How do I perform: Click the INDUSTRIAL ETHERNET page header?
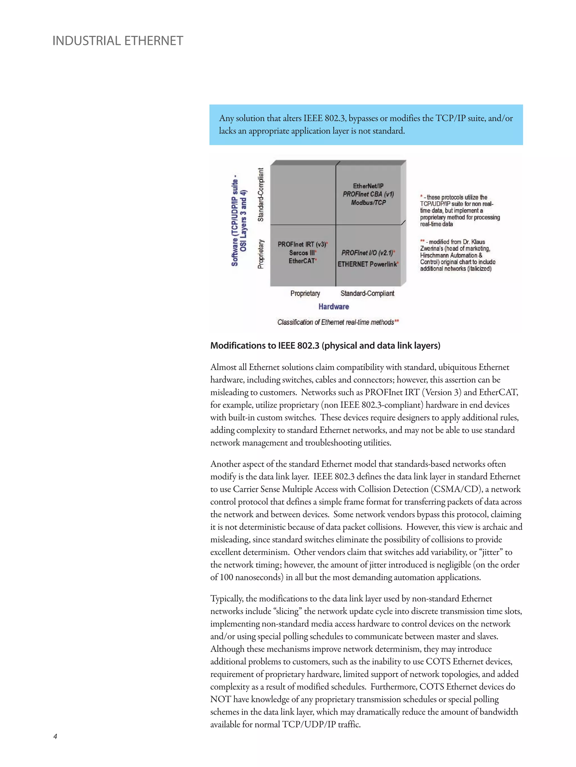point(117,41)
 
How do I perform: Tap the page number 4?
point(55,736)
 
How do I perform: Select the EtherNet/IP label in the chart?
point(368,186)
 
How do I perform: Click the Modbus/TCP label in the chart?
point(368,202)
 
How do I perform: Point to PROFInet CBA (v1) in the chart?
point(368,194)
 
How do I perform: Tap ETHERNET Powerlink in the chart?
point(368,264)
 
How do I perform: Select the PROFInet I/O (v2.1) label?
point(368,252)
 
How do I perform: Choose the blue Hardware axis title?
point(334,306)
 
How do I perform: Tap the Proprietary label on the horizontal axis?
point(305,293)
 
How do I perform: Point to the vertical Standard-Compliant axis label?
point(260,195)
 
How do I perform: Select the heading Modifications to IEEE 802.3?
point(325,346)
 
